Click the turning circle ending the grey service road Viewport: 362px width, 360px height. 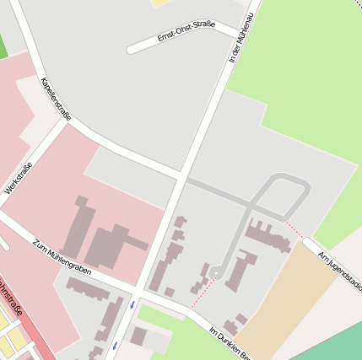click(x=216, y=271)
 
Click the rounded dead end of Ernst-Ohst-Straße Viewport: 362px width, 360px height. click(x=132, y=50)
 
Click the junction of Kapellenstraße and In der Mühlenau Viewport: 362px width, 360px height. click(x=181, y=176)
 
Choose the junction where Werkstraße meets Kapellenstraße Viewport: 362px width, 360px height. click(x=65, y=120)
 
